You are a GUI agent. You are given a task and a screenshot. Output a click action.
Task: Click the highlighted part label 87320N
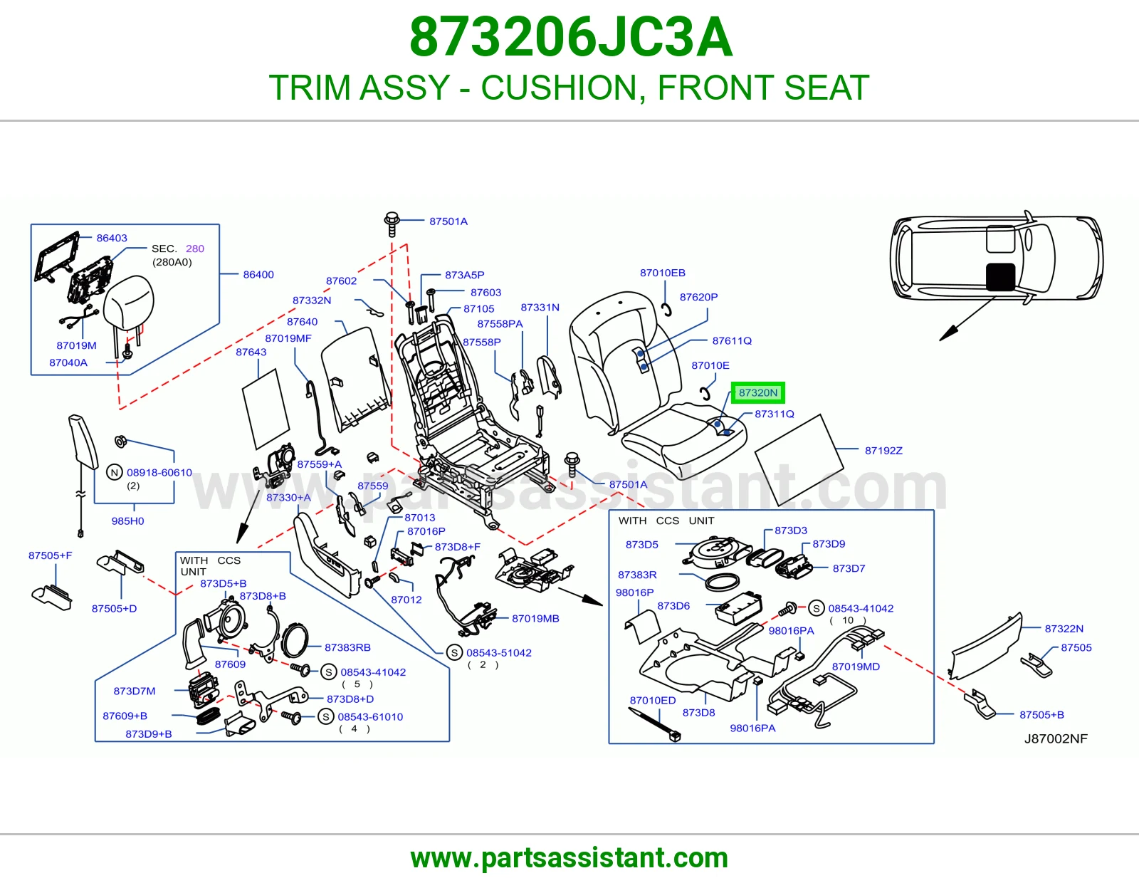coord(758,393)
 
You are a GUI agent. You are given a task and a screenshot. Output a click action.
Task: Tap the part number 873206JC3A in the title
coord(571,37)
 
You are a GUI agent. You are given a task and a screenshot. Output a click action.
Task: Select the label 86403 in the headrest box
coord(112,238)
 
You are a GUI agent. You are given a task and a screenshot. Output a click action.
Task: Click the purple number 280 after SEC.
coord(195,249)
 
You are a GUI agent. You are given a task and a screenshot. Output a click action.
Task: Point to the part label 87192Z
coord(883,451)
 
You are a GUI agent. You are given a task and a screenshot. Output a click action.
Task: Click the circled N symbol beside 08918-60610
coord(115,472)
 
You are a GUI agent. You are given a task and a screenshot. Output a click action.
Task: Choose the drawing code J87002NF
coord(1056,738)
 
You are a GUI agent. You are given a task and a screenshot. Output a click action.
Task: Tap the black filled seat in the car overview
coord(1001,277)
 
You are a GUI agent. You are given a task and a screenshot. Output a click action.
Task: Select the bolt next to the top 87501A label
coord(392,224)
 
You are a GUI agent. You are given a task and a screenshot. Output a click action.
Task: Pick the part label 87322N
coord(1064,629)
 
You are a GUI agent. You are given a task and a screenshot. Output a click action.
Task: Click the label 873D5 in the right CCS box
coord(641,544)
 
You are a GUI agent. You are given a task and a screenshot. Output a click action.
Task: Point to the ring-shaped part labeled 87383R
coord(723,582)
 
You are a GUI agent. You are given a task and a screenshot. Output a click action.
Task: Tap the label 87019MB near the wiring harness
coord(536,619)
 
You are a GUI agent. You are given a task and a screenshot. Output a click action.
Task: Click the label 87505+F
coord(51,555)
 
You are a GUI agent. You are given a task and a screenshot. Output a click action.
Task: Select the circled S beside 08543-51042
coord(454,653)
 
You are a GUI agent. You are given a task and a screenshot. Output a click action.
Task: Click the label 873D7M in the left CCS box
coord(134,691)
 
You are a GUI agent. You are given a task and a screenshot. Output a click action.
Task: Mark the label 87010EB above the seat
coord(663,273)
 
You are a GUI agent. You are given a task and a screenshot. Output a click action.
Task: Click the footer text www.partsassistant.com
coord(569,858)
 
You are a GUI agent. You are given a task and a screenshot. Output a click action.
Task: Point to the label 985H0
coord(127,521)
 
